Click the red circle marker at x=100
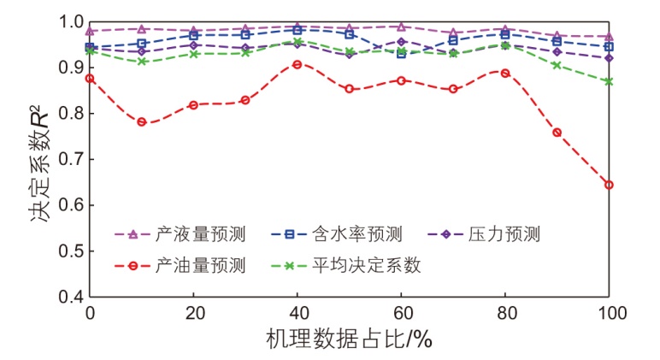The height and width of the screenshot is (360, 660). pos(610,185)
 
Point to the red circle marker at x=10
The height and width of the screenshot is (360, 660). pos(142,122)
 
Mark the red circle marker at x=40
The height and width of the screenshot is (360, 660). pos(298,64)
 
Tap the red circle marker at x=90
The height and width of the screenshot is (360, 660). pos(557,133)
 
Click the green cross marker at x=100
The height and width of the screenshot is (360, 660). pos(610,81)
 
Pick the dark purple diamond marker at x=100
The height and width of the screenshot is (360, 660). pos(610,58)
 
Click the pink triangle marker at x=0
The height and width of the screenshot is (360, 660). pos(90,31)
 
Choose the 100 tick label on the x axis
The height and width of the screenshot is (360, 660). pos(609,314)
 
